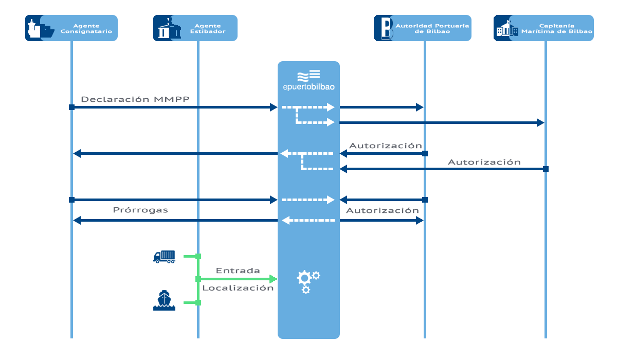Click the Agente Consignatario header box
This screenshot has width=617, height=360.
tap(71, 28)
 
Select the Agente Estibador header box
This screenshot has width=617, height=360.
tap(195, 28)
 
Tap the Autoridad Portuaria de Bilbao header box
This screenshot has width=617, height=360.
tap(423, 28)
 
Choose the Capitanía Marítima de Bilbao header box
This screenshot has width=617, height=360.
tap(544, 28)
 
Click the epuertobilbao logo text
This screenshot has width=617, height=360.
tap(309, 87)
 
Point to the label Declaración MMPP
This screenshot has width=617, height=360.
tap(135, 99)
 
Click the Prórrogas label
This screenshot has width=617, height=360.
tap(140, 210)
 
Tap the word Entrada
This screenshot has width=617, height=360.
tap(238, 271)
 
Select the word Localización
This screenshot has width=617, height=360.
tap(238, 288)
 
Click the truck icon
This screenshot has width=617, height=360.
tap(165, 257)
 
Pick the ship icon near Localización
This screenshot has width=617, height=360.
tap(164, 300)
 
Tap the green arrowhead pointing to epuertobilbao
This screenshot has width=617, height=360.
tap(273, 279)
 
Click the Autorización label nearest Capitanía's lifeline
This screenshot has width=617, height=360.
tap(484, 162)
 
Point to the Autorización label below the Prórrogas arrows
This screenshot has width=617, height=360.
tap(383, 211)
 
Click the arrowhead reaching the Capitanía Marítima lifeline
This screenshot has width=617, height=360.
tap(540, 122)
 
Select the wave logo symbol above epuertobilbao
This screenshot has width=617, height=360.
tap(309, 76)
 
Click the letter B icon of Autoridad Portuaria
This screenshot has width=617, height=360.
tap(387, 28)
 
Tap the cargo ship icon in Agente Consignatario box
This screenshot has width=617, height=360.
tap(41, 28)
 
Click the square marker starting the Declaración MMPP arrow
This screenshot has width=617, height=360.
tap(71, 107)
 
